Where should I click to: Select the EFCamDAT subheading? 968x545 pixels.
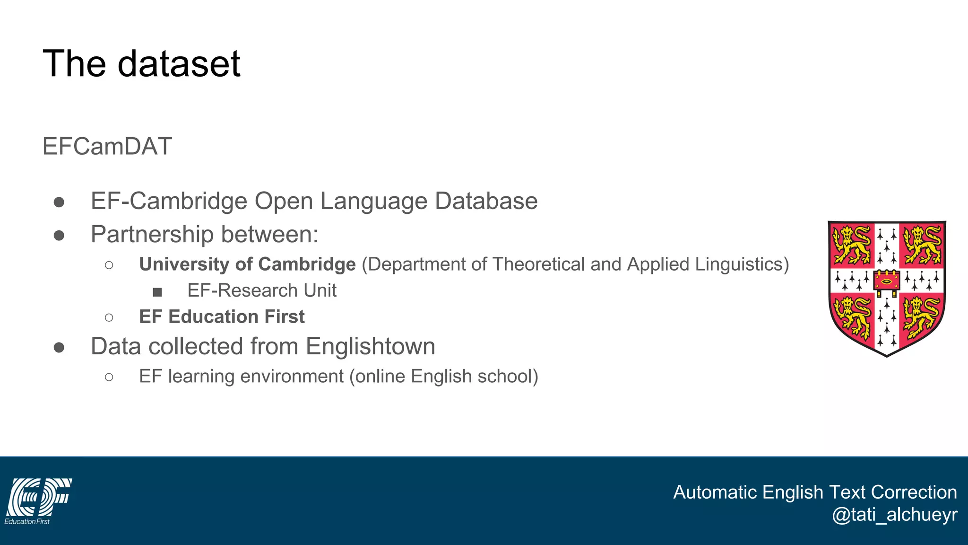click(107, 146)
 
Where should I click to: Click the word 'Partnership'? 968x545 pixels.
click(152, 235)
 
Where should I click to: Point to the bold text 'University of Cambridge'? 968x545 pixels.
click(247, 264)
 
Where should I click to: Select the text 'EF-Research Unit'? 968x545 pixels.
click(262, 290)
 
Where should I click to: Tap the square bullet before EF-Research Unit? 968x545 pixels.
click(157, 292)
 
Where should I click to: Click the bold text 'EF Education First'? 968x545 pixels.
click(222, 316)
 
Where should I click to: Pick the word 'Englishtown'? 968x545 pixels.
click(370, 346)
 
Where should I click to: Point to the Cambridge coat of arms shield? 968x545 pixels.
click(887, 288)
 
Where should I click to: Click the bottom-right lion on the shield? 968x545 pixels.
click(921, 316)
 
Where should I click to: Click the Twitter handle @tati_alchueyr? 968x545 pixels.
click(894, 514)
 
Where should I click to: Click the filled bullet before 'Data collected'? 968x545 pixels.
click(59, 348)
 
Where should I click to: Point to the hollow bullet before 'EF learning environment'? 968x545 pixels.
click(109, 377)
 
